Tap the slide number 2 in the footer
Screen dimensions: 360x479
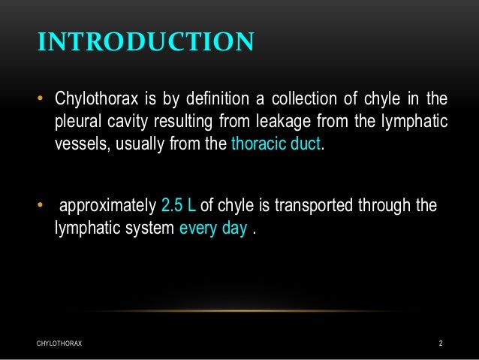click(441, 343)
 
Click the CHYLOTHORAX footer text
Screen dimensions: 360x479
click(59, 343)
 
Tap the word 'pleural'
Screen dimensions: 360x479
click(79, 122)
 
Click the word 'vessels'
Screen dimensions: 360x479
click(81, 144)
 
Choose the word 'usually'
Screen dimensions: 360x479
click(142, 144)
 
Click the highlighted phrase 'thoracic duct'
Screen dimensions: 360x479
click(276, 144)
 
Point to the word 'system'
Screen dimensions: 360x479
click(149, 228)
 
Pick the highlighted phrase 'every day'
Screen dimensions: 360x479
click(213, 228)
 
